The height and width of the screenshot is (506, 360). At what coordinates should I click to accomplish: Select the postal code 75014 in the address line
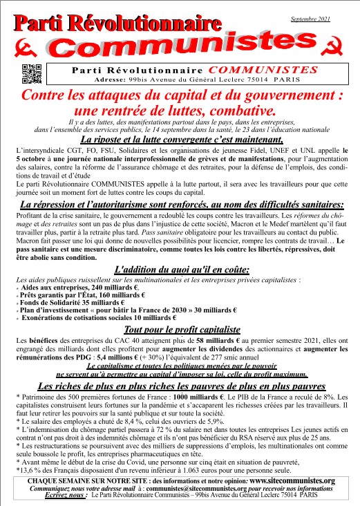pyautogui.click(x=245, y=80)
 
